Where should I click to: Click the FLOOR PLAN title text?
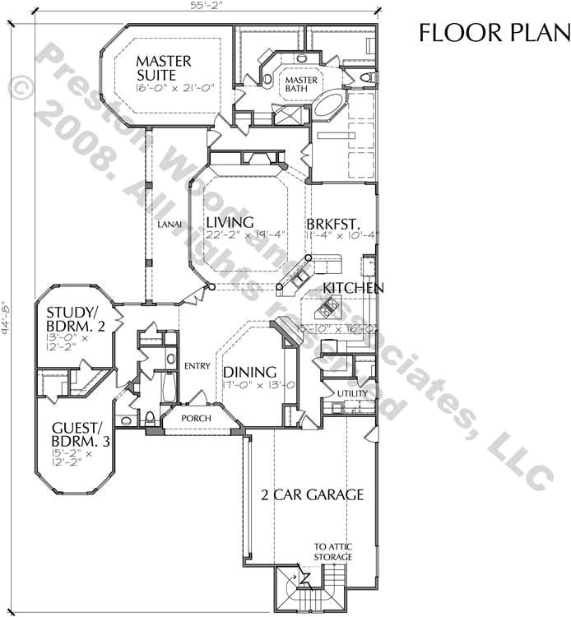(494, 32)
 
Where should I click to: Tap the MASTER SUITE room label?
(164, 69)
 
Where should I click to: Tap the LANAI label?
(169, 224)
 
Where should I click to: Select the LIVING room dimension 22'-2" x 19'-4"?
(246, 234)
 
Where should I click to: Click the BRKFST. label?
(331, 223)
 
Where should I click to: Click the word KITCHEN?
(353, 288)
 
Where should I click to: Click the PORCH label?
(196, 418)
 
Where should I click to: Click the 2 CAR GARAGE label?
(313, 494)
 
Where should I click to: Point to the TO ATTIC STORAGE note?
(332, 552)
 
